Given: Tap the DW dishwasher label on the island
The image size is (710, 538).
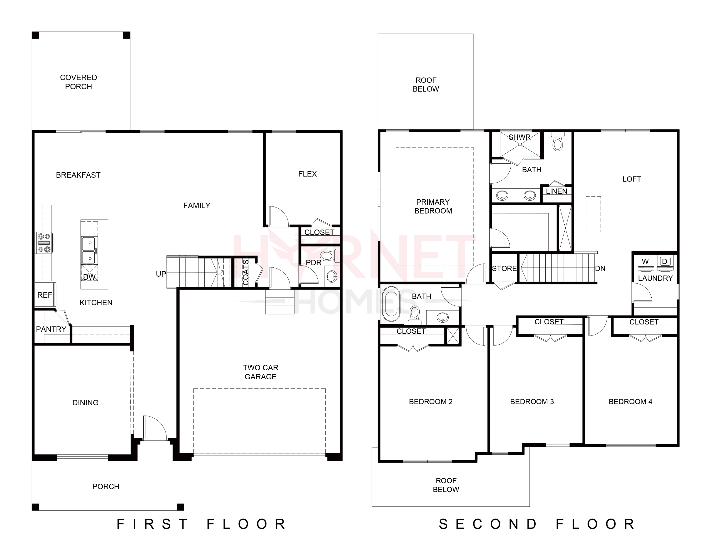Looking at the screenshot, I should (x=89, y=277).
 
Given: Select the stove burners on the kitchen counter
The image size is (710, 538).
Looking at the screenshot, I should (x=44, y=242).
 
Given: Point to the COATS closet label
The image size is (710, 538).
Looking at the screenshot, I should (x=246, y=272).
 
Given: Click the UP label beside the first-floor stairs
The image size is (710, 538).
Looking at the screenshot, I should (x=161, y=274).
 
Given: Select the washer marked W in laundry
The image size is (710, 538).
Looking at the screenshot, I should (x=645, y=262).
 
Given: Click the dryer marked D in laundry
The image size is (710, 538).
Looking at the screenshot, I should (x=665, y=262).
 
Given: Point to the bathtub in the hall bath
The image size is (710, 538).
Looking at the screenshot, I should (x=391, y=304).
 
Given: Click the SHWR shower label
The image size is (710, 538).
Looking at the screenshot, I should (x=519, y=137).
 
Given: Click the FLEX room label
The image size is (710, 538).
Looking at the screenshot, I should (x=307, y=174).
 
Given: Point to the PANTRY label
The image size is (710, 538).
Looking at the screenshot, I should (x=51, y=329).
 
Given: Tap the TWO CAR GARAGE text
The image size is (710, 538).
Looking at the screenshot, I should (x=260, y=372).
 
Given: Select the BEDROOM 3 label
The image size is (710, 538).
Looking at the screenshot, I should (x=532, y=401).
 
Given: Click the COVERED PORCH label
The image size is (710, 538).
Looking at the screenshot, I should (x=78, y=82).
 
